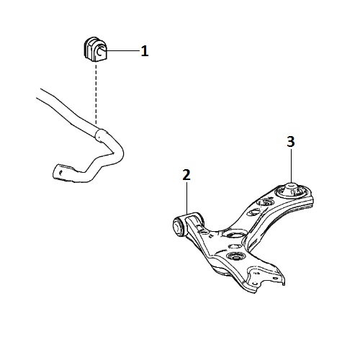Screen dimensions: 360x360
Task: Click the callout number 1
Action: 145,51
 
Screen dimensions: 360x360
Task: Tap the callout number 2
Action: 186,175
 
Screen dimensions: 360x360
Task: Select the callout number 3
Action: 291,142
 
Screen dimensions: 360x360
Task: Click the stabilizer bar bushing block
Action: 95,49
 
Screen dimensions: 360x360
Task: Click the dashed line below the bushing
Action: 96,93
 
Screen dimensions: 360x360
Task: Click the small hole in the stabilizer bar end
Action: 61,172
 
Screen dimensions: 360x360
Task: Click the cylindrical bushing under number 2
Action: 179,226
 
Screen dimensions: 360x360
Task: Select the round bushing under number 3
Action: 291,189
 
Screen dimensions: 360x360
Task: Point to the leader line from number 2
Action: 186,198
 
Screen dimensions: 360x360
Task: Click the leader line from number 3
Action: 291,166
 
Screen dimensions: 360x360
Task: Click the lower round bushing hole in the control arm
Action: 235,257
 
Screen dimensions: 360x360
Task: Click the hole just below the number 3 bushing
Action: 265,203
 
